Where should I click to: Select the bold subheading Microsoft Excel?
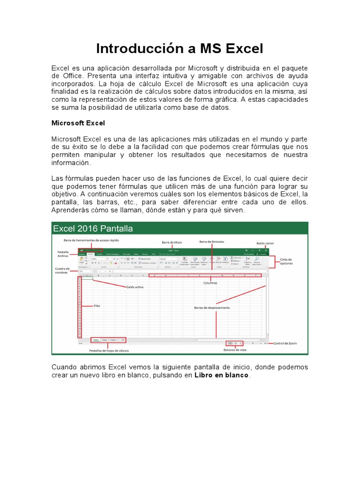(x=78, y=123)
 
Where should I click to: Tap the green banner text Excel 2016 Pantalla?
(x=93, y=229)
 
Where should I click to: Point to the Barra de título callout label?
(x=172, y=242)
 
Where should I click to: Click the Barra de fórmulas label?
(x=211, y=241)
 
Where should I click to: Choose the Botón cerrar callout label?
(x=265, y=243)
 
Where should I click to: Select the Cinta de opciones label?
(x=286, y=261)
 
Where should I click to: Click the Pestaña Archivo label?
(x=63, y=254)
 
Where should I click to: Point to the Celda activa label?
(x=135, y=287)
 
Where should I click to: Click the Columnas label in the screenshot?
(x=210, y=283)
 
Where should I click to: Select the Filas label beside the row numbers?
(x=97, y=306)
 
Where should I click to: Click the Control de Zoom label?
(x=285, y=343)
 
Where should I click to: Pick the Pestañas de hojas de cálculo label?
(x=109, y=350)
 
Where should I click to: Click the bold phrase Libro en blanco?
(x=222, y=375)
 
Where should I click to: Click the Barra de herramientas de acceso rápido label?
(x=91, y=240)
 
